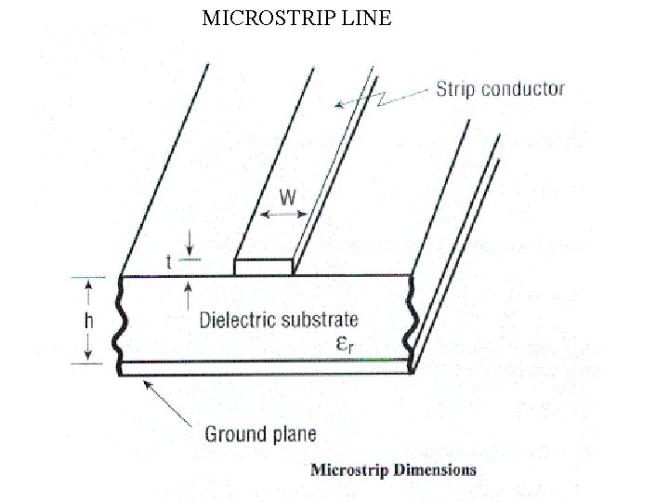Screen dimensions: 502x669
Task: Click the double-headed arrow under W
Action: pos(283,215)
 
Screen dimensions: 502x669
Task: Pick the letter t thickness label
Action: pos(169,263)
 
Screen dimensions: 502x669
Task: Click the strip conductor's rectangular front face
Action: pos(263,268)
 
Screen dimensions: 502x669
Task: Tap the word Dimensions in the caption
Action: pos(436,469)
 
